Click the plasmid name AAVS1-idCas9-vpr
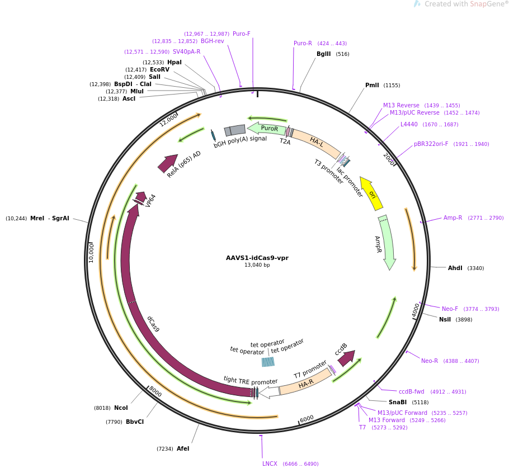pyautogui.click(x=257, y=258)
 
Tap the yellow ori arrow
pyautogui.click(x=371, y=193)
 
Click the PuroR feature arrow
pyautogui.click(x=267, y=129)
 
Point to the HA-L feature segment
pyautogui.click(x=317, y=142)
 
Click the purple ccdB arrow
pyautogui.click(x=346, y=358)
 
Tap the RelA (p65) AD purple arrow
pyautogui.click(x=167, y=164)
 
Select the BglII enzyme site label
pyautogui.click(x=324, y=54)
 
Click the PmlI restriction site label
pyautogui.click(x=372, y=86)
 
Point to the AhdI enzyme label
pyautogui.click(x=455, y=268)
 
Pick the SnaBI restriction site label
pyautogui.click(x=398, y=403)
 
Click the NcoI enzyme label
pyautogui.click(x=121, y=408)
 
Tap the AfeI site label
pyautogui.click(x=183, y=449)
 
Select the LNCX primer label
pyautogui.click(x=270, y=464)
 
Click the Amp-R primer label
pyautogui.click(x=453, y=218)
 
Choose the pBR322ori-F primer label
pyautogui.click(x=431, y=144)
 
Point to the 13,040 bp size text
pyautogui.click(x=257, y=265)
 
